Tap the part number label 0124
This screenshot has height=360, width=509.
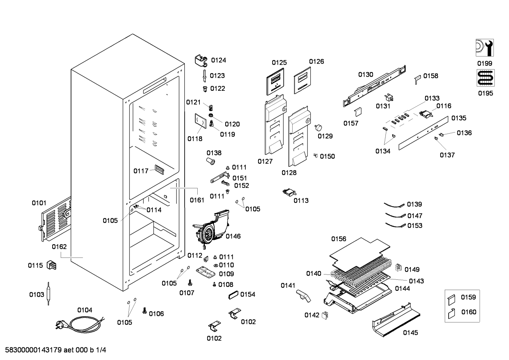pyautogui.click(x=218, y=60)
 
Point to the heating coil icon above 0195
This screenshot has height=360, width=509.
pyautogui.click(x=485, y=78)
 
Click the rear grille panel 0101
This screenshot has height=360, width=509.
pyautogui.click(x=56, y=219)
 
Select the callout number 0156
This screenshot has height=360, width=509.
pyautogui.click(x=339, y=239)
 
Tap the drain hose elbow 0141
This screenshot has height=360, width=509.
pyautogui.click(x=303, y=296)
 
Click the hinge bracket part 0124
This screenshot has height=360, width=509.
pyautogui.click(x=201, y=61)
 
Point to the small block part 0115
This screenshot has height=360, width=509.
pyautogui.click(x=51, y=265)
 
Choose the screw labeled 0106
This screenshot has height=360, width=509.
pyautogui.click(x=144, y=311)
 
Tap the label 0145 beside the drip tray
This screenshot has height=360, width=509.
pyautogui.click(x=411, y=333)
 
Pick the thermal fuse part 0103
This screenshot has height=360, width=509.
pyautogui.click(x=48, y=294)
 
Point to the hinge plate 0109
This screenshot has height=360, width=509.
pyautogui.click(x=205, y=272)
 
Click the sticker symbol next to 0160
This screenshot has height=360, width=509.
pyautogui.click(x=451, y=314)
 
